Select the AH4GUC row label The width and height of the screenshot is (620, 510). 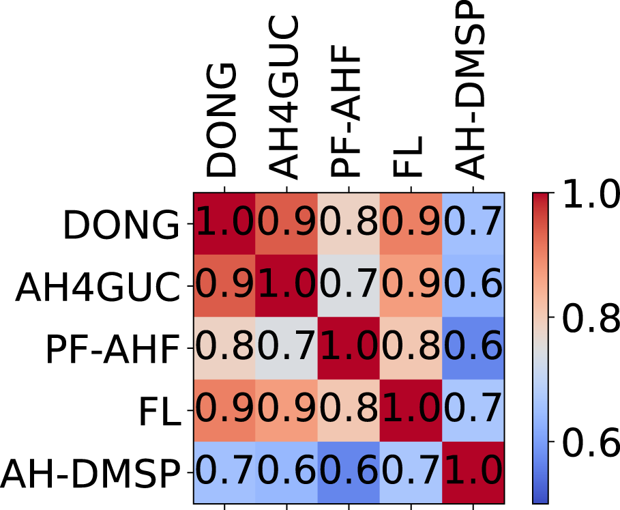[98, 286]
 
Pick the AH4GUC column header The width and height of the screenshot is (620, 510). [285, 98]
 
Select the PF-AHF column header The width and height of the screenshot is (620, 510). [348, 112]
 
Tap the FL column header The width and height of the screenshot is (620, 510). [410, 159]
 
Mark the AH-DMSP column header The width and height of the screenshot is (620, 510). [472, 91]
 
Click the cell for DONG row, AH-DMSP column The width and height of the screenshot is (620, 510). [473, 224]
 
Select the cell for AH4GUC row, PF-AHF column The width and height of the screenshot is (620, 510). [348, 286]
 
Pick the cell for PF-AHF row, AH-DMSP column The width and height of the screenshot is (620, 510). [473, 348]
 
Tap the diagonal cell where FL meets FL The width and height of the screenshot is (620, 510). [411, 410]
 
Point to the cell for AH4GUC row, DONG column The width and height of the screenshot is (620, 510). [224, 286]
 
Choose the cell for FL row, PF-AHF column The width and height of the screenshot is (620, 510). [348, 410]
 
